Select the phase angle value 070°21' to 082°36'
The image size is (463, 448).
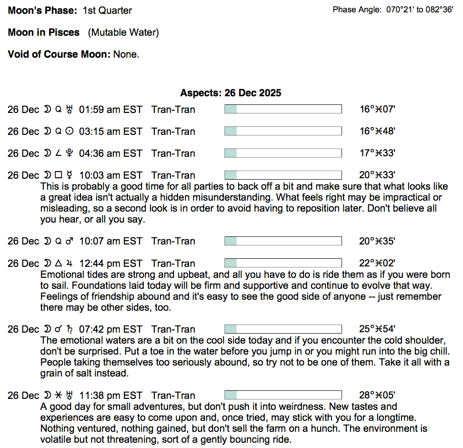click(x=419, y=10)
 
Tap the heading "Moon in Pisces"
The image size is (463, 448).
click(x=44, y=32)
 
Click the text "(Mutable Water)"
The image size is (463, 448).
click(x=123, y=32)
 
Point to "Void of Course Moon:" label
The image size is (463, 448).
click(x=59, y=54)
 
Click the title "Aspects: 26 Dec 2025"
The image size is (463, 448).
click(x=231, y=93)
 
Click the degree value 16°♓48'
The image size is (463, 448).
click(x=377, y=132)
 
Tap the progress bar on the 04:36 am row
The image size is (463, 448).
click(x=283, y=153)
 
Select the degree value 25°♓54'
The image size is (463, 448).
click(x=377, y=329)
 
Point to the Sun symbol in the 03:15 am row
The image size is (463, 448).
click(x=70, y=132)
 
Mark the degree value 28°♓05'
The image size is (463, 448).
click(x=377, y=396)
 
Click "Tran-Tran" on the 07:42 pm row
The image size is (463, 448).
click(x=173, y=329)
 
